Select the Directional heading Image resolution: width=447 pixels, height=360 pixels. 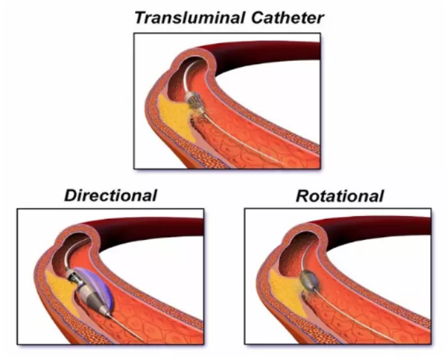110,197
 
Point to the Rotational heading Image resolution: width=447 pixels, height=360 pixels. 339,197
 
